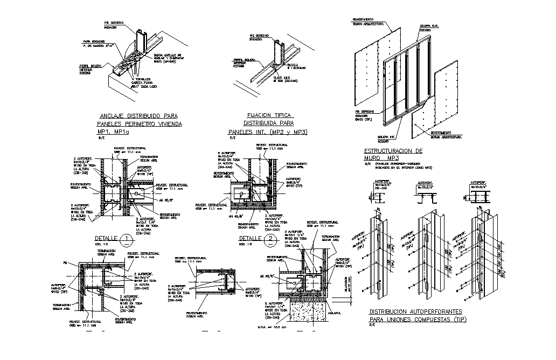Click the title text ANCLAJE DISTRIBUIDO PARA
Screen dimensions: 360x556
pyautogui.click(x=139, y=116)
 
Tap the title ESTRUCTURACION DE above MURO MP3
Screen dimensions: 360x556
pyautogui.click(x=393, y=151)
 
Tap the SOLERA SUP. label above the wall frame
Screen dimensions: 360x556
pyautogui.click(x=427, y=25)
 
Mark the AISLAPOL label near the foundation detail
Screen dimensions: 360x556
pyautogui.click(x=333, y=312)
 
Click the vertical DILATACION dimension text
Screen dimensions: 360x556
pyautogui.click(x=346, y=284)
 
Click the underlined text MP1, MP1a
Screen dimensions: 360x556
pyautogui.click(x=113, y=131)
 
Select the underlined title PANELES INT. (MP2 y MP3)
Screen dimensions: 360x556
pyautogui.click(x=268, y=131)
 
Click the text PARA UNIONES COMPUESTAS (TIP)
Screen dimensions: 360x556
pyautogui.click(x=418, y=320)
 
